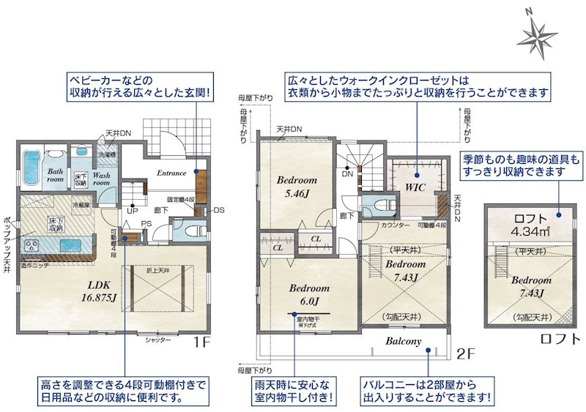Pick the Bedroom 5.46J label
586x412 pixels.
point(297,187)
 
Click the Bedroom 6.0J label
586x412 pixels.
point(308,293)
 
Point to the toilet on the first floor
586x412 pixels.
point(191,231)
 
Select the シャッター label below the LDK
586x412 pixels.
point(157,340)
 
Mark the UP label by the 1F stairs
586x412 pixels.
point(133,210)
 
